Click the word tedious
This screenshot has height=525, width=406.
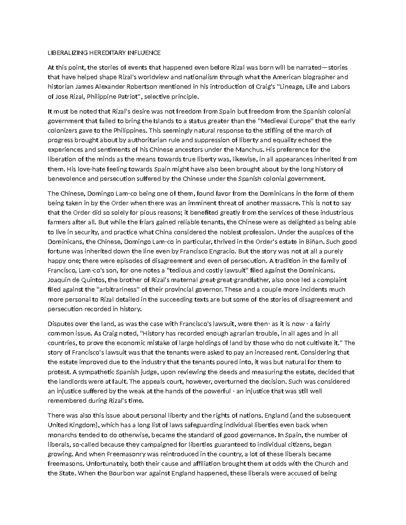(179, 270)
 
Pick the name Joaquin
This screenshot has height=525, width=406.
(59, 280)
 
